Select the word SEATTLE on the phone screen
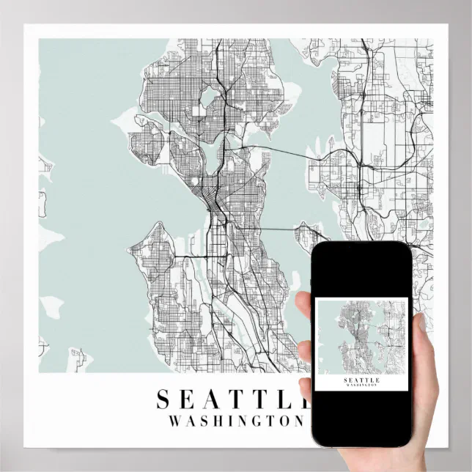click(361, 380)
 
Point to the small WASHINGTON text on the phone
click(361, 386)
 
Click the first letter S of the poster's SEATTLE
click(163, 399)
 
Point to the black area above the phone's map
click(361, 271)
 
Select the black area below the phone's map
click(361, 418)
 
